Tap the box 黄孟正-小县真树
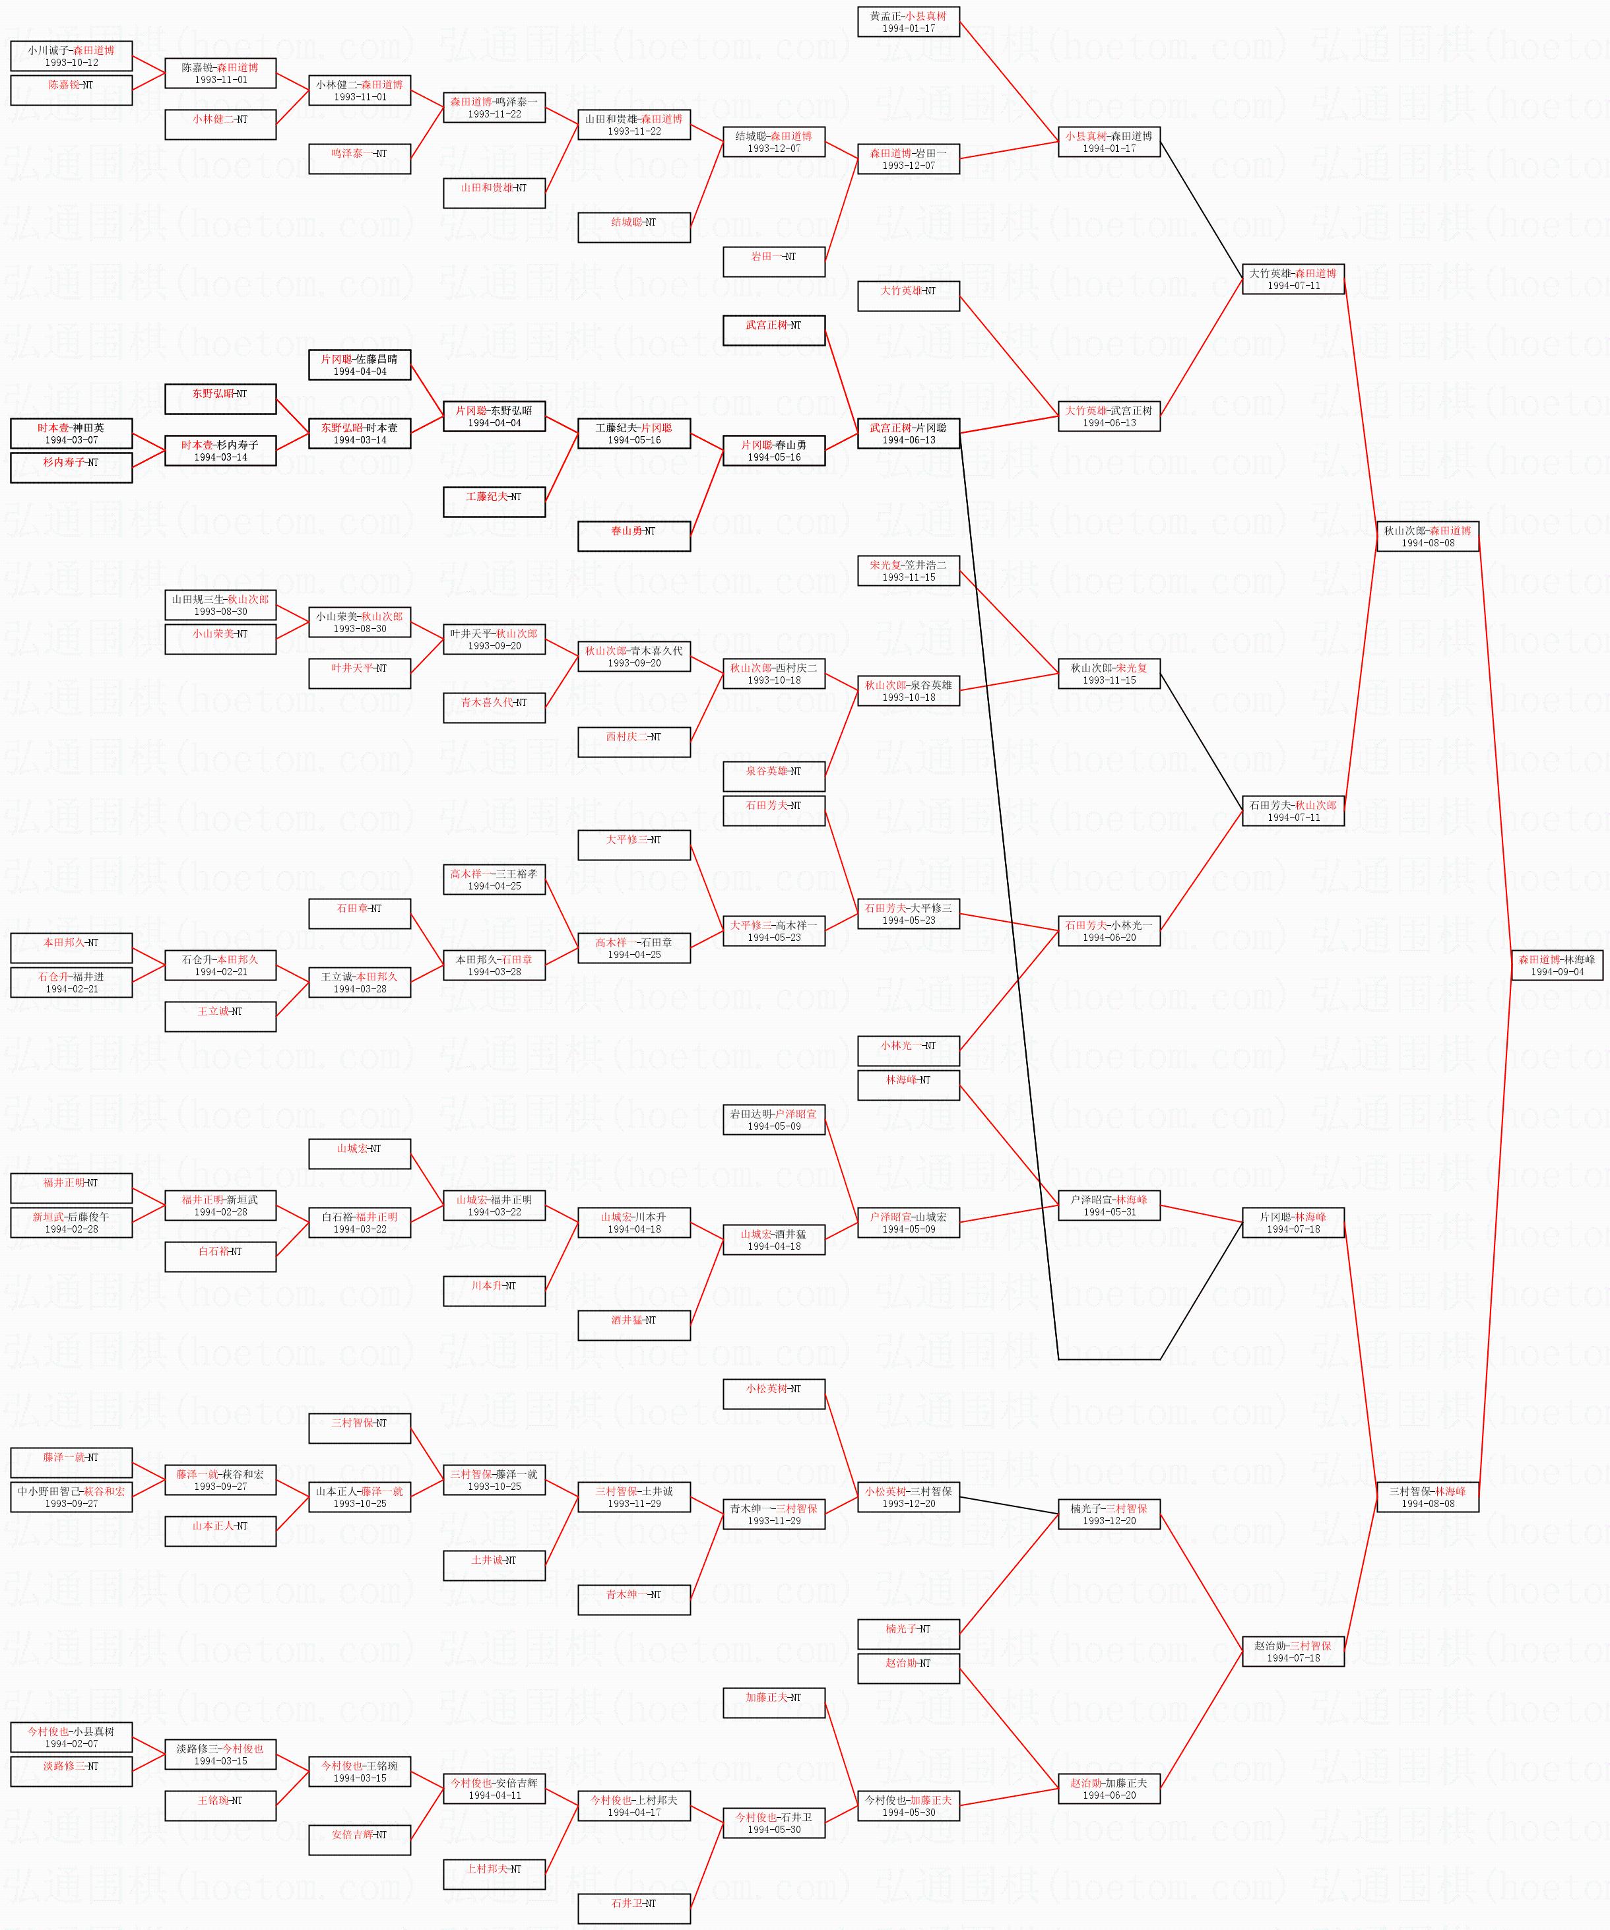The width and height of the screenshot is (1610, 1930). pos(908,22)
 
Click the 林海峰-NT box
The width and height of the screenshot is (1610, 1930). pos(908,1085)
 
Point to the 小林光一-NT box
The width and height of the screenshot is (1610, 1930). pos(908,1050)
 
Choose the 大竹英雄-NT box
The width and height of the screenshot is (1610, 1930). pos(908,296)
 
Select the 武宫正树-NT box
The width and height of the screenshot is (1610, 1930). pos(774,330)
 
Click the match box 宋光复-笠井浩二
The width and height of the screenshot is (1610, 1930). pos(908,571)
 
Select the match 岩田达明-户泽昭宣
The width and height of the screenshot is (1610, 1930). pos(774,1119)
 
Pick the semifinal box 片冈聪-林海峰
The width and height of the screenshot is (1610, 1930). pos(1293,1222)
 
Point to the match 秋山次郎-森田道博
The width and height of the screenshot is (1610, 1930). pos(1427,536)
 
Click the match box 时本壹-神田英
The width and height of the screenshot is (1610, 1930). pos(71,434)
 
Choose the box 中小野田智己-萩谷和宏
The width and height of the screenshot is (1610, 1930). pos(71,1497)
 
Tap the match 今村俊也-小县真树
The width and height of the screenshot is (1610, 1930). pos(71,1737)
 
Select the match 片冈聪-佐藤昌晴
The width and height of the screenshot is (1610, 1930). pos(360,365)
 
